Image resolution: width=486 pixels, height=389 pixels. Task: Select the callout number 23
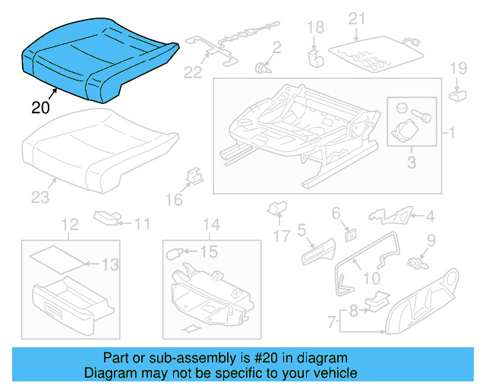click(39, 198)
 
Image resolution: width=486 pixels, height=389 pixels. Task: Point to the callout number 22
click(193, 72)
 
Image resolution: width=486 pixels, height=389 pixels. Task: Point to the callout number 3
click(412, 162)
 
